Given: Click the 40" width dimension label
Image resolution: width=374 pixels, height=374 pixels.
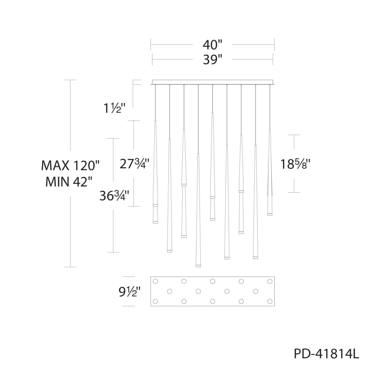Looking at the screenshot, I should tap(212, 44).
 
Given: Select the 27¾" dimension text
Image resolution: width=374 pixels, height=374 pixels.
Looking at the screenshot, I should tap(134, 164).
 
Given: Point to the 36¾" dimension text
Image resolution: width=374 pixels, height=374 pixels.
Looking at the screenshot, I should tap(114, 196).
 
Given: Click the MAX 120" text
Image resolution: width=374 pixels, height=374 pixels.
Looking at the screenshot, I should tap(70, 165).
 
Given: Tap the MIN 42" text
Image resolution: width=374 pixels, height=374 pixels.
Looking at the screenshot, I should tap(70, 182).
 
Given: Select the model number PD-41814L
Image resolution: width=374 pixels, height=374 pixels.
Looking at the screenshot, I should tap(326, 354).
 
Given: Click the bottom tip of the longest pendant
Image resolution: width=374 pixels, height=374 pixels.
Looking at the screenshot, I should tap(198, 266).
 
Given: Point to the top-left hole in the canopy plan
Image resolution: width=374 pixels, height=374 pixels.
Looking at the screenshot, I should tap(155, 281).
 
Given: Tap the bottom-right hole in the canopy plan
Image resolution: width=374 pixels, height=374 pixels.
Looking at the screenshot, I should tap(270, 301).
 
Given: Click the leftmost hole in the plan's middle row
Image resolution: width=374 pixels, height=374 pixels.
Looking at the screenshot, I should tap(170, 291).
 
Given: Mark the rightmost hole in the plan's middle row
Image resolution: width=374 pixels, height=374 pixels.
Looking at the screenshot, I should tap(256, 291).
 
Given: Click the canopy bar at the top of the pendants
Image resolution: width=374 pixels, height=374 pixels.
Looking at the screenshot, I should tap(212, 82).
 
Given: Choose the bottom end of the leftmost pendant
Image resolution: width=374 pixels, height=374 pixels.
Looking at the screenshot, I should tap(155, 222).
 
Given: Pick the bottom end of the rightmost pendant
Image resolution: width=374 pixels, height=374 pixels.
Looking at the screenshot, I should tap(270, 214).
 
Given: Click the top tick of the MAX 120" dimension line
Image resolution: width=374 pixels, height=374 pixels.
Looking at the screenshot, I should tap(70, 80).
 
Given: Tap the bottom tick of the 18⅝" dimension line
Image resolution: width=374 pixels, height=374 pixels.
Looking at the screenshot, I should tap(294, 192).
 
